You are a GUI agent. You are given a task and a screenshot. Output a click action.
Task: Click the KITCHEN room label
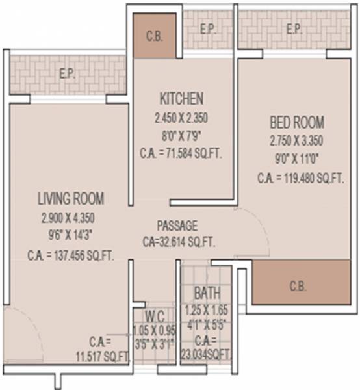coord(181,98)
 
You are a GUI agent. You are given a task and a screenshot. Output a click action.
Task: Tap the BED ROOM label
coord(296,122)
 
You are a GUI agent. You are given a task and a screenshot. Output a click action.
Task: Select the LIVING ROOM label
coord(71,198)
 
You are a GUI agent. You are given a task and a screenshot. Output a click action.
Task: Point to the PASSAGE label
coord(177,226)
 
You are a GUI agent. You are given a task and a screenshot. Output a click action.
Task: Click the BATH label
coord(207,292)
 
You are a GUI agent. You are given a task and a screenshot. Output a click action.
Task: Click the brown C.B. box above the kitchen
coord(154,36)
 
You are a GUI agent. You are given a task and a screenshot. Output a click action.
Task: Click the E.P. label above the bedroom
coord(293,29)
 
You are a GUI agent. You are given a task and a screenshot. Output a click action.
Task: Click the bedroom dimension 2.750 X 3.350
coord(296,140)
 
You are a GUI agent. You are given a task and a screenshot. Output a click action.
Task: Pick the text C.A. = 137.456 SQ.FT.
coord(71,255)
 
